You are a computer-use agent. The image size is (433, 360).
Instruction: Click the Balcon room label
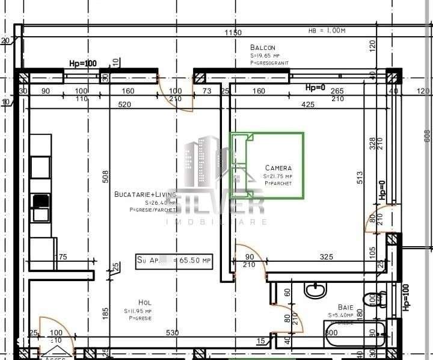(263, 48)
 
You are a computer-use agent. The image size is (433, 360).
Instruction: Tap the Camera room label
(278, 168)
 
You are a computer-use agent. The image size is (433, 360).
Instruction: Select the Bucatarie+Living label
(145, 194)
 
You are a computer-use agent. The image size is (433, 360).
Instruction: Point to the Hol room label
(144, 302)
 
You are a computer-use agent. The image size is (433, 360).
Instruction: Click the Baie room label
(345, 306)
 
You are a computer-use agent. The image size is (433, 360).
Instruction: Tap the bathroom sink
(315, 290)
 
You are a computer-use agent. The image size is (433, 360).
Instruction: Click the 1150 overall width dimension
(233, 33)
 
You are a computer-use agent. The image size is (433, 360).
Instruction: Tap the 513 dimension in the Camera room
(360, 177)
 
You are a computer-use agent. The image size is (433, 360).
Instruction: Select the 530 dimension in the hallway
(173, 333)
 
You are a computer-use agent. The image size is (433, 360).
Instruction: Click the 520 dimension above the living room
(124, 105)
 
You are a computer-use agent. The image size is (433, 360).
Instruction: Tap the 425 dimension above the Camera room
(307, 105)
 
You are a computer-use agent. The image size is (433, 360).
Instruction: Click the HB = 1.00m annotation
(327, 30)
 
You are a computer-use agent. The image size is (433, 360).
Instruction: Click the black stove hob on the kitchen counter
(40, 200)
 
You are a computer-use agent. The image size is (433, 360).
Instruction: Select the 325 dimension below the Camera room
(326, 257)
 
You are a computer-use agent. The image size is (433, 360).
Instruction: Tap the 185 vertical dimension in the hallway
(106, 312)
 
